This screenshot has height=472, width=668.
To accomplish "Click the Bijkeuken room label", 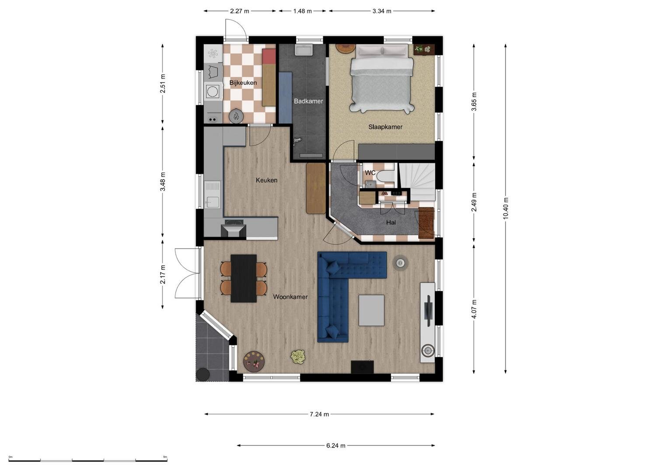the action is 243,83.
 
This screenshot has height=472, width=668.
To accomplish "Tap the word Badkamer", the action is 308,101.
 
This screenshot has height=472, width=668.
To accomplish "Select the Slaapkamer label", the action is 385,127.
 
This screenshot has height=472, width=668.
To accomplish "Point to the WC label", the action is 370,173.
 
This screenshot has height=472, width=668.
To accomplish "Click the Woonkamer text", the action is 290,297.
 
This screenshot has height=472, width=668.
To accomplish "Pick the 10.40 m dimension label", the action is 505,208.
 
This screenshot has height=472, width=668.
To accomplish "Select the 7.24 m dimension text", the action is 319,414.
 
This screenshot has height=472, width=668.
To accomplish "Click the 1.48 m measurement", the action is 302,11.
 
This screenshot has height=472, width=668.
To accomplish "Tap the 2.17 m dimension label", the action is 163,274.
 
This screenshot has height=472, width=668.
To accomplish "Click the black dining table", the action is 244,278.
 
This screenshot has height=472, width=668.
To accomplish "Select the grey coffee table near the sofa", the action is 371,310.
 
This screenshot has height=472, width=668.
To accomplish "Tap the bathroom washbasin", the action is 304,50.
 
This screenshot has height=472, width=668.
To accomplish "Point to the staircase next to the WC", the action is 417,182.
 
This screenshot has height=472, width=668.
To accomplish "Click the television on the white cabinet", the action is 429,311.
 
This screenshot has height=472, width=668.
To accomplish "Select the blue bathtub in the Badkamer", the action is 285,98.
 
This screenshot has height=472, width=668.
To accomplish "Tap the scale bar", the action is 88,460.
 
